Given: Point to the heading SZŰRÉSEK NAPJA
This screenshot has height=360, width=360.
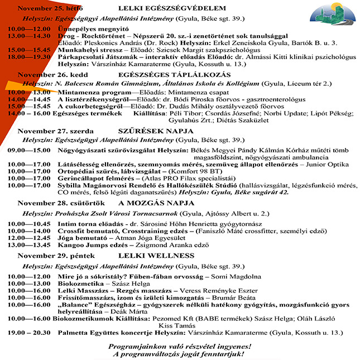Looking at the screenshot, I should click(x=152, y=131).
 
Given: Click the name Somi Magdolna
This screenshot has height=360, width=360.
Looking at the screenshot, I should click(x=237, y=276).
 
